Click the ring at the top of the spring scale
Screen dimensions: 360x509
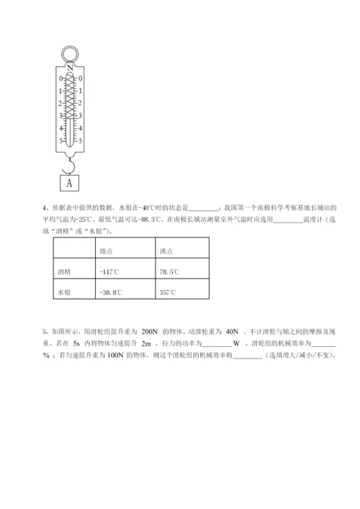tap(70, 53)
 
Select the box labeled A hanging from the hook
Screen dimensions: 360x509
tap(70, 182)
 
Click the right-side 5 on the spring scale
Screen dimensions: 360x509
tap(80, 140)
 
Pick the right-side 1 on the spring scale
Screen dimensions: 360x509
tap(80, 91)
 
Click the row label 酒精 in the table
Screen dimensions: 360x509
tap(64, 272)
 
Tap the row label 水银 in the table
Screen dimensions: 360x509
tap(64, 292)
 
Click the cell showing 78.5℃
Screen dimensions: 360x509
tap(171, 272)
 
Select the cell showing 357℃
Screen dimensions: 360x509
tap(168, 292)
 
